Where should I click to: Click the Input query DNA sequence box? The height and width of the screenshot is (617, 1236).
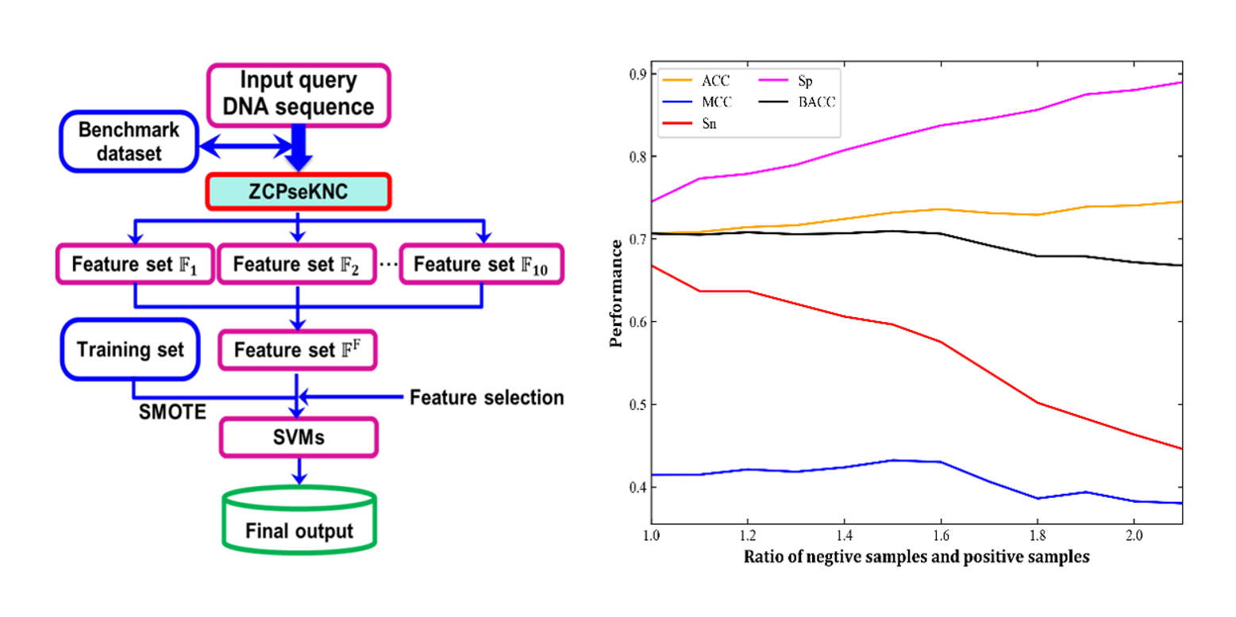pyautogui.click(x=298, y=94)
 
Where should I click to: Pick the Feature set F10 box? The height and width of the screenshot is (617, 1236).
pyautogui.click(x=480, y=264)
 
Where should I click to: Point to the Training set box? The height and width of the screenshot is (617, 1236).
pyautogui.click(x=129, y=348)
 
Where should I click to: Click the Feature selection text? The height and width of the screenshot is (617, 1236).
pyautogui.click(x=486, y=397)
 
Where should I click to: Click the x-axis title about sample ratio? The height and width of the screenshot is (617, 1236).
pyautogui.click(x=916, y=557)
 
